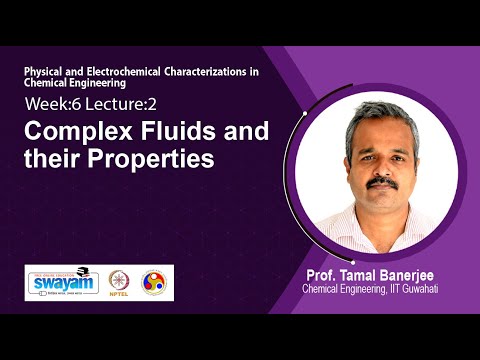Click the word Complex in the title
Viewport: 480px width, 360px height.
[x=72, y=130]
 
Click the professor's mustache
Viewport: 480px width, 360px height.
[x=379, y=185]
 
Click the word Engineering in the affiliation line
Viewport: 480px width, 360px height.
[x=365, y=289]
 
